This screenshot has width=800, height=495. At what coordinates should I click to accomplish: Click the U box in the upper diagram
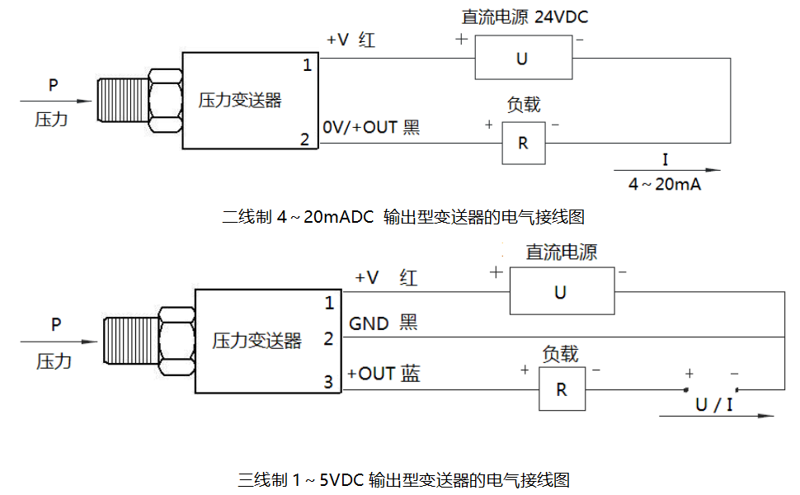(523, 58)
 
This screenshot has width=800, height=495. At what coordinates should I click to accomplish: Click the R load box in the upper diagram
(523, 143)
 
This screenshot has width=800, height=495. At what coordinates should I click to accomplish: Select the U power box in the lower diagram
(561, 292)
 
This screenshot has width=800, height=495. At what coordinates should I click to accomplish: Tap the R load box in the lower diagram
(562, 389)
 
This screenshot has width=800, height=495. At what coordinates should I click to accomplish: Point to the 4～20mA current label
(665, 185)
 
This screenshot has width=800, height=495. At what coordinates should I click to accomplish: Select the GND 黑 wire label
(384, 323)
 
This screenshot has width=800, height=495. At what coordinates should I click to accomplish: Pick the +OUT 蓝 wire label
(384, 374)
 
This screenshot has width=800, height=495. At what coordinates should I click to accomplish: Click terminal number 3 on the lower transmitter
(327, 382)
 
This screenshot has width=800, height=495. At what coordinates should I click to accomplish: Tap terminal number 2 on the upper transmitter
(304, 139)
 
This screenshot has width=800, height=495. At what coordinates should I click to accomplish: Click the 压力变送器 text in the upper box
(240, 101)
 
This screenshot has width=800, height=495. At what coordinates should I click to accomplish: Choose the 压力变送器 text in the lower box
(257, 341)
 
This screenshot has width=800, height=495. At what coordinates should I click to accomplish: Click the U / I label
(714, 405)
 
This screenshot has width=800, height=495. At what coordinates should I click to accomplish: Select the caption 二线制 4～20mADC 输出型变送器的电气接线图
(403, 217)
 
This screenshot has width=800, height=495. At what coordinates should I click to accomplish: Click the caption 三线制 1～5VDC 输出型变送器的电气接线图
(404, 479)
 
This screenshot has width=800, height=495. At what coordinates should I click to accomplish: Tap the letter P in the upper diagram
(54, 85)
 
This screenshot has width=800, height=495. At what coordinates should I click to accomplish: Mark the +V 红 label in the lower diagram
(386, 278)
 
